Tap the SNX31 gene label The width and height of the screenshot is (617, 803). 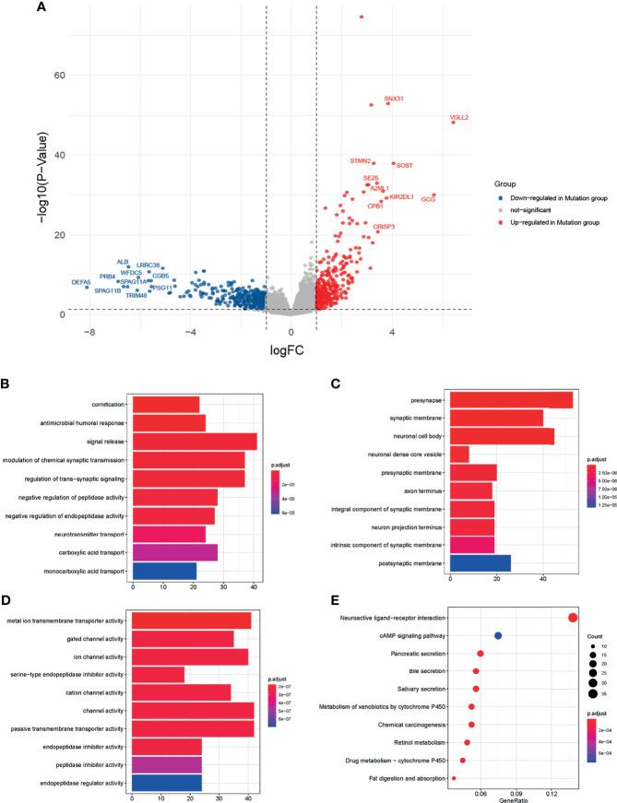(394, 99)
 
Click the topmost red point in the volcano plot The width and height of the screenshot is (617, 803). (362, 17)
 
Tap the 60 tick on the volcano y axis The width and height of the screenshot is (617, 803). (56, 75)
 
